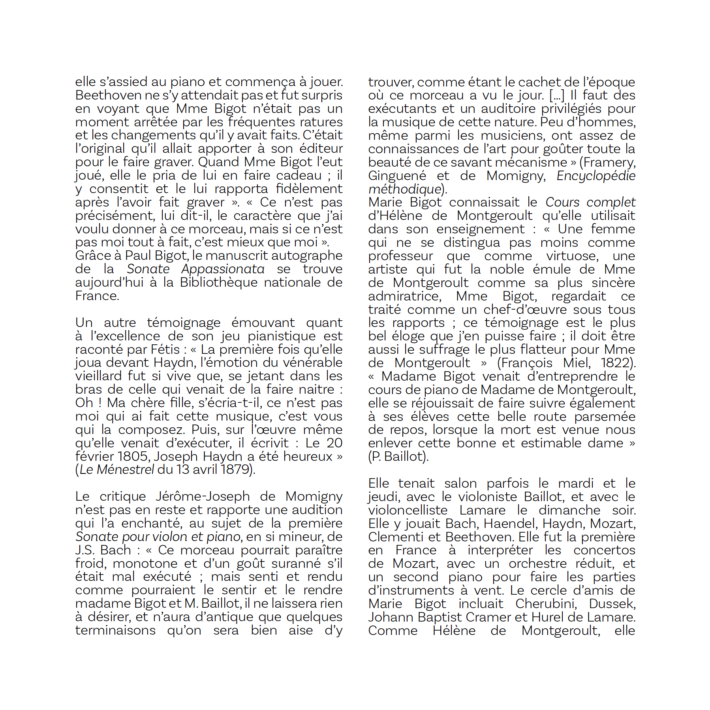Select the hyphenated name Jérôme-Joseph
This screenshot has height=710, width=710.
(x=203, y=496)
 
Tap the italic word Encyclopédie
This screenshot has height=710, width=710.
(x=596, y=176)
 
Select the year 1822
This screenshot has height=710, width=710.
(x=617, y=363)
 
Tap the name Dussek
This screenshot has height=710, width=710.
(x=612, y=604)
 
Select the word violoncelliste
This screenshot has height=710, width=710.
(x=408, y=510)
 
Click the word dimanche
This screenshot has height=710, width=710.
(x=569, y=510)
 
